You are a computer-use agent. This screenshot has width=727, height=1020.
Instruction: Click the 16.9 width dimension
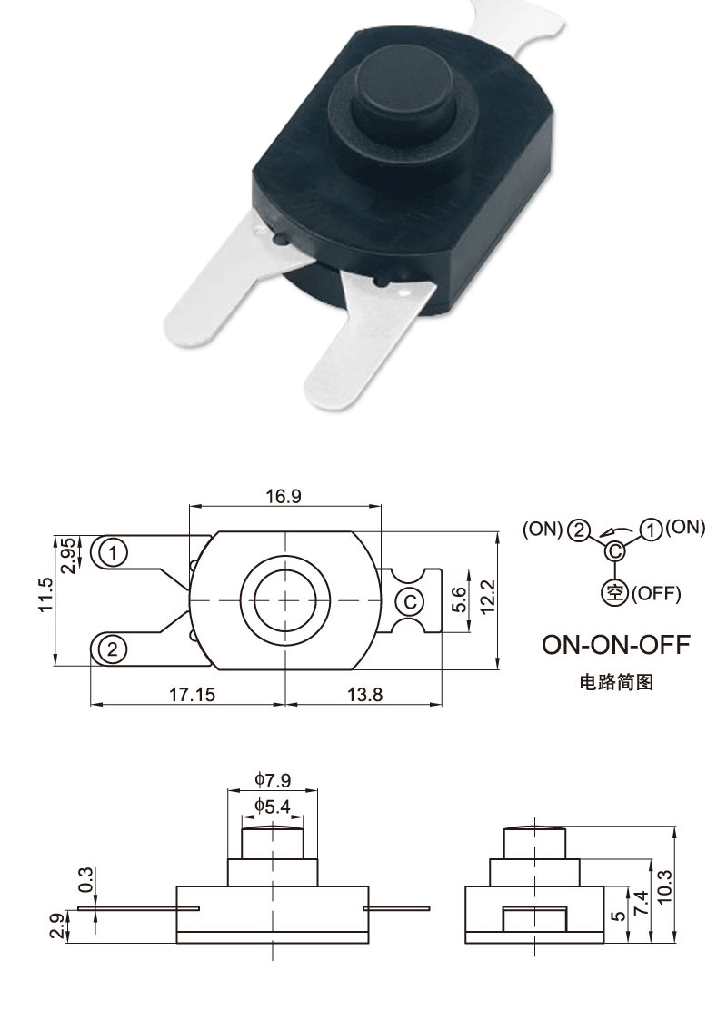(x=283, y=496)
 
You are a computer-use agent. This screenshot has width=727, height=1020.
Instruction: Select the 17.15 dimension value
(x=192, y=694)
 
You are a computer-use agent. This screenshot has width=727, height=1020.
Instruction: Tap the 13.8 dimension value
(x=365, y=694)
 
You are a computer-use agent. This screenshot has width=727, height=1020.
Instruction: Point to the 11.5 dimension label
(x=45, y=597)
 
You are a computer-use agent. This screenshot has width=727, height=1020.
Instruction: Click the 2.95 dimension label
(x=69, y=554)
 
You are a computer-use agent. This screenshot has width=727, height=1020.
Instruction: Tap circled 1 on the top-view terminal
(x=113, y=551)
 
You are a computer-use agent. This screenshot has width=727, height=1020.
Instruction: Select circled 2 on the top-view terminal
(x=113, y=649)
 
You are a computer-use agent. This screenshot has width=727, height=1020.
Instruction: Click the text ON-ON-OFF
(x=616, y=645)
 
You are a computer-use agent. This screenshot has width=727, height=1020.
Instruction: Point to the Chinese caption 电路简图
(x=616, y=681)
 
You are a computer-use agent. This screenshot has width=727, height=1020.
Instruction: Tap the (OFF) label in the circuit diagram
(x=656, y=593)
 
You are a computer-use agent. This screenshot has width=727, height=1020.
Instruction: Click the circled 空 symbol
(x=614, y=592)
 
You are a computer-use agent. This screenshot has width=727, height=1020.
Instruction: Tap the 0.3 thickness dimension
(x=86, y=879)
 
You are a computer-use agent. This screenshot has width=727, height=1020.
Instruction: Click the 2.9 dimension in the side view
(x=56, y=926)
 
